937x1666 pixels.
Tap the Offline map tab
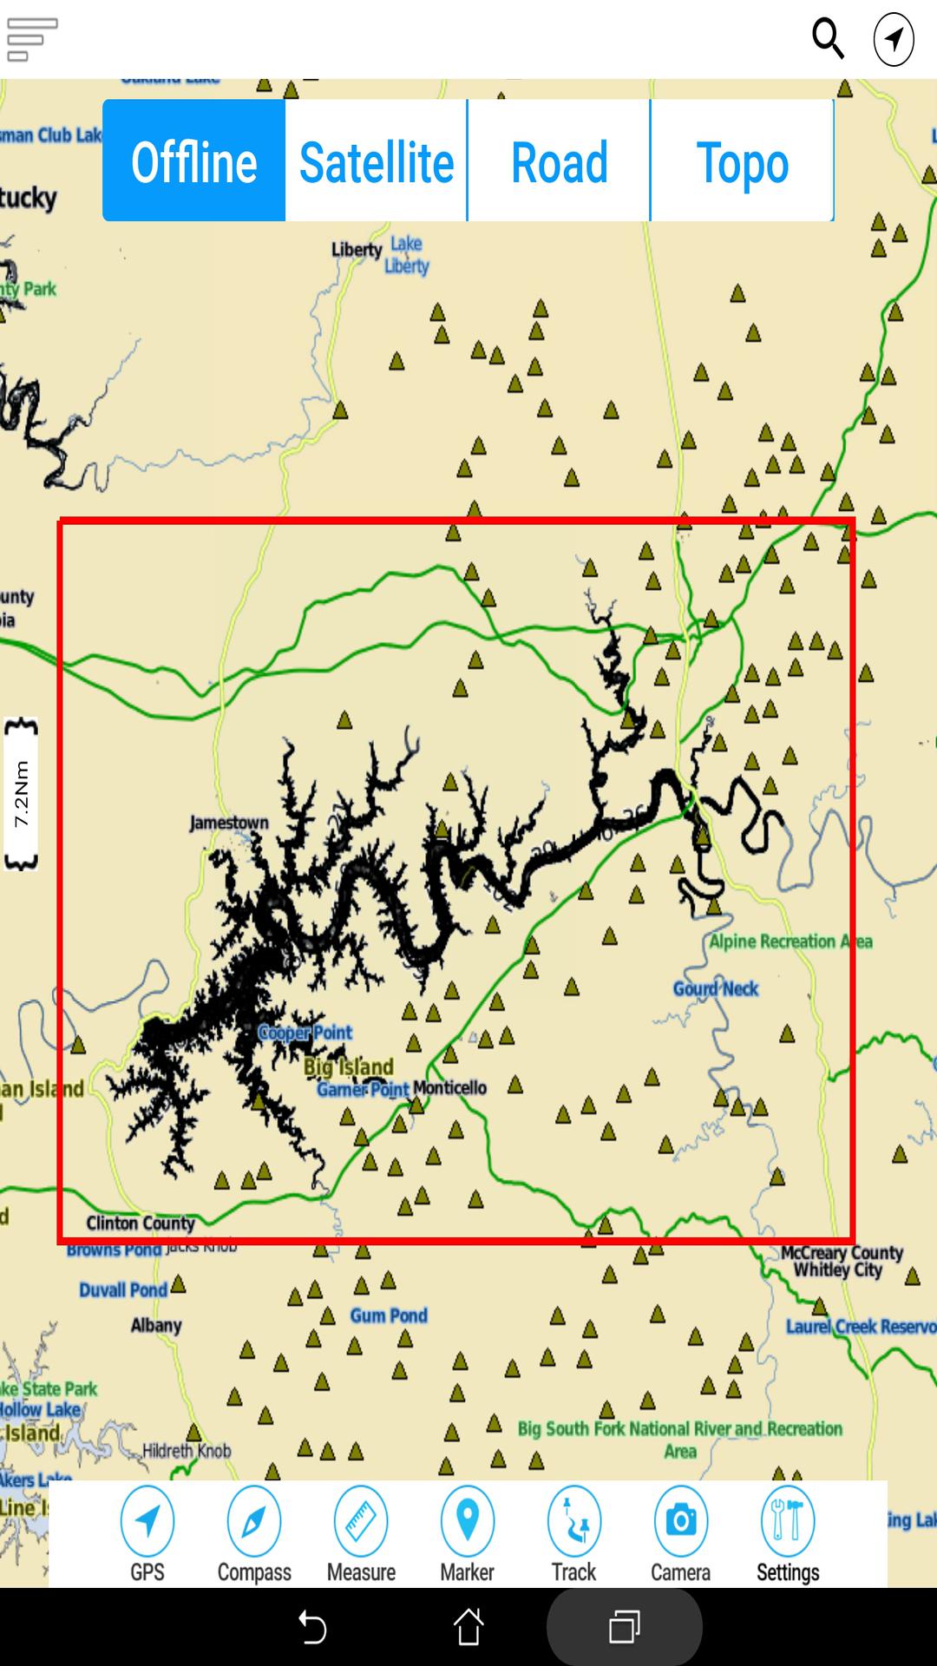pos(194,161)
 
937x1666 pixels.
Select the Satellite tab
pos(377,161)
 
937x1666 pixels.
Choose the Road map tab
pos(560,161)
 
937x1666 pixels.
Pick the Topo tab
pos(743,161)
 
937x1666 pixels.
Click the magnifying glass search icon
pos(828,39)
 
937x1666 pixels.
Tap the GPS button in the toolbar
pos(147,1533)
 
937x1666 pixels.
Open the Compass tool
pos(254,1533)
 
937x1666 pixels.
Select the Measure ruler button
pos(361,1533)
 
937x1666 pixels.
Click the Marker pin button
pos(468,1533)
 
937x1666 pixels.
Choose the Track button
pos(574,1533)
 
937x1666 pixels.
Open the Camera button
pos(681,1533)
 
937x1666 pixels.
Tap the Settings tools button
pos(788,1533)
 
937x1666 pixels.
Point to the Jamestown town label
pos(229,823)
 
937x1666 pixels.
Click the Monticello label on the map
pos(449,1088)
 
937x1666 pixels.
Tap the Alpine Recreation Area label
pos(790,941)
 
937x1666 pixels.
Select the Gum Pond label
pos(389,1315)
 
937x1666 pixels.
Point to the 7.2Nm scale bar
pos(22,794)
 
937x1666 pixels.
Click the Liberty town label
pos(357,250)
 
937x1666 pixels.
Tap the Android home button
pos(468,1626)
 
